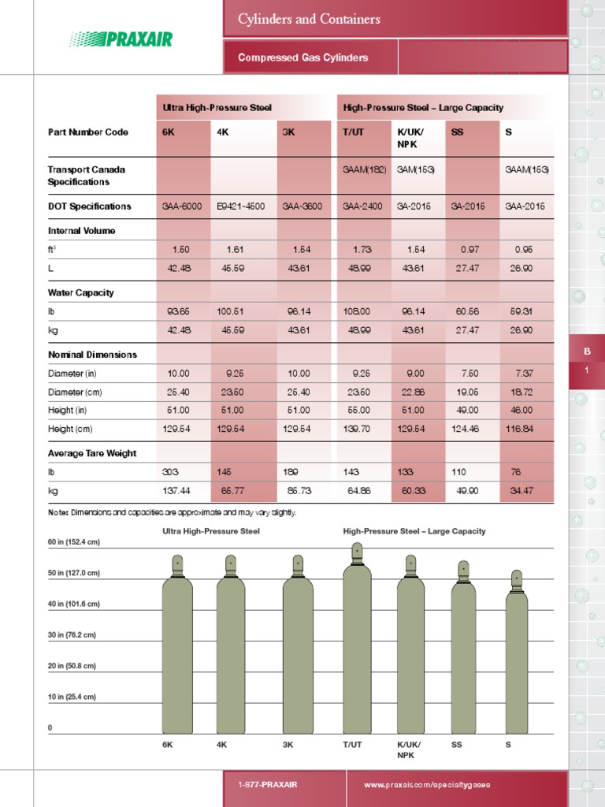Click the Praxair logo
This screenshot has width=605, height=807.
coord(121,39)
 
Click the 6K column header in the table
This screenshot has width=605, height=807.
coord(169,132)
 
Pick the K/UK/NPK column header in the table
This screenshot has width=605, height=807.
coord(409,138)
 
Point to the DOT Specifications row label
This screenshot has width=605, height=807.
coord(89,206)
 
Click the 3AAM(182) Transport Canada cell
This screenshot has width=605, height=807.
coord(363,169)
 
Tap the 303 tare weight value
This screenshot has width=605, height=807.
coord(170,472)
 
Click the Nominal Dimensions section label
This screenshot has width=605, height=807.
coord(92,355)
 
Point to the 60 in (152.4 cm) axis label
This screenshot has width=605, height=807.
coord(74,542)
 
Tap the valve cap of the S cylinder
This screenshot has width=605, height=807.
coord(517,581)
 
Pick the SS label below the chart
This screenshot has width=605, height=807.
coord(457,744)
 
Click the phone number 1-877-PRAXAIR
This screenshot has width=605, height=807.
coord(268,786)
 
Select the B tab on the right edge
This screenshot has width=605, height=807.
coord(586,351)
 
